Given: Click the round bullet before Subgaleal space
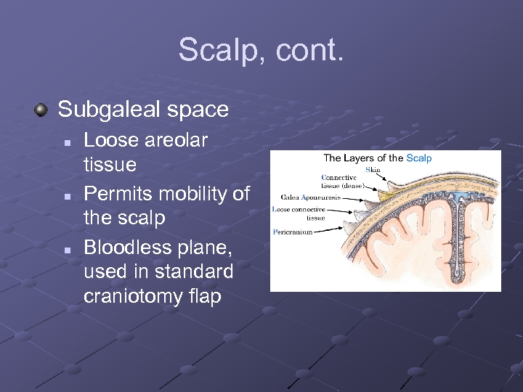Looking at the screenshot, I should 42,110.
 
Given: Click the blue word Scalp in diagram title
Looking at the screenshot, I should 419,158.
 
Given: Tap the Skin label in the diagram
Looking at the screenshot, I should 373,170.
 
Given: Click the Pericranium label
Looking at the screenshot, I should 293,232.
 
